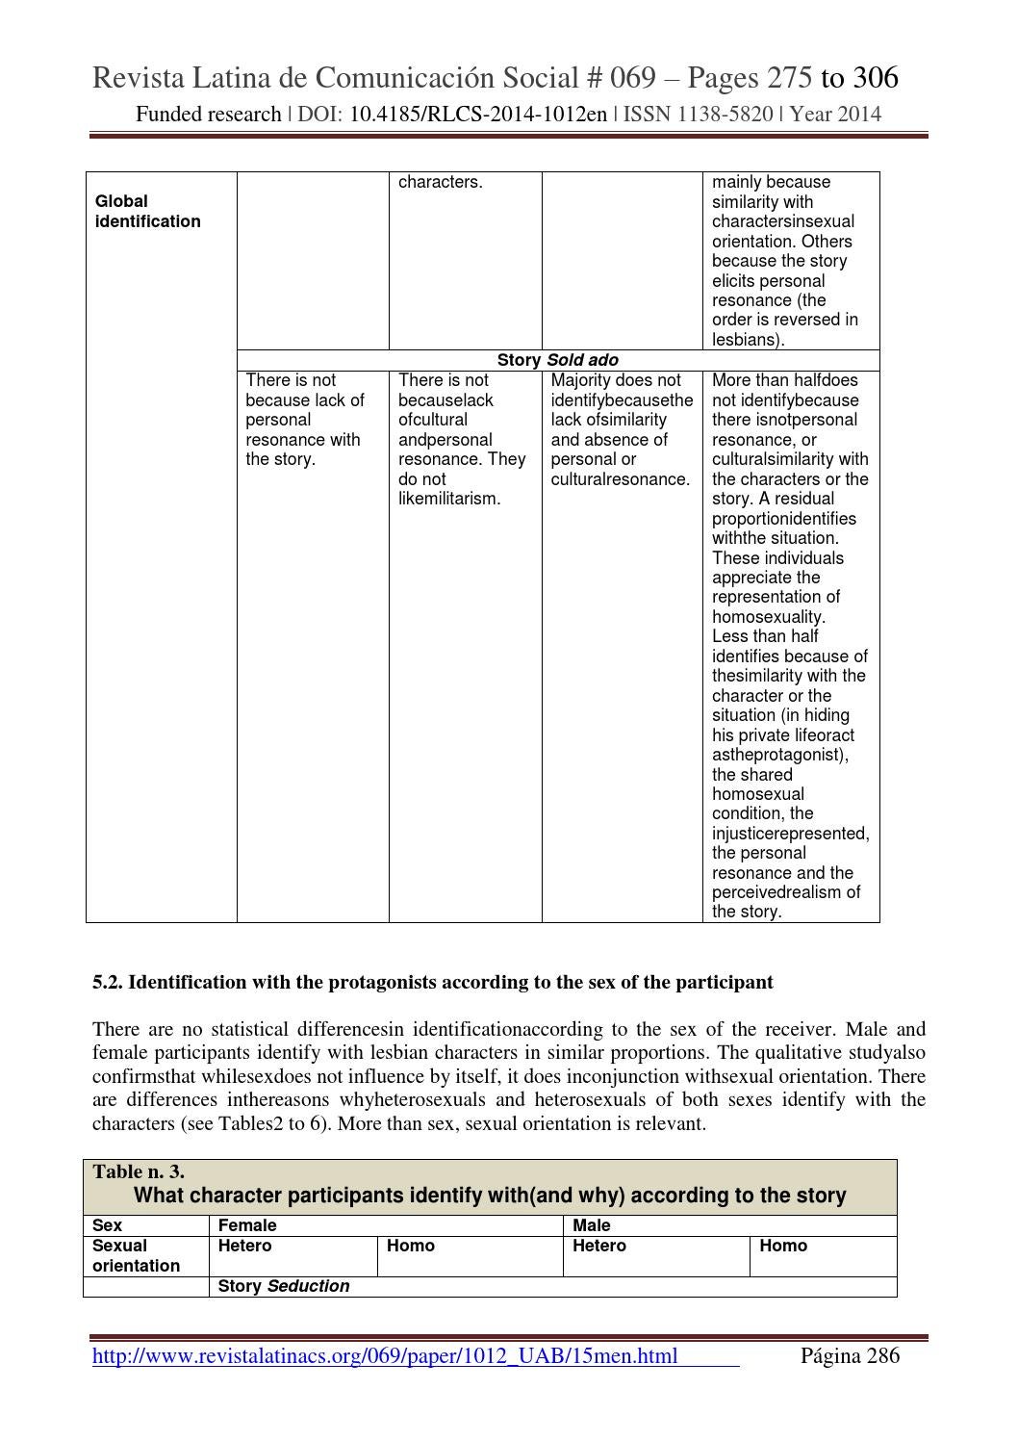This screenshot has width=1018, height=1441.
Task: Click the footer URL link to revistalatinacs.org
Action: [385, 1356]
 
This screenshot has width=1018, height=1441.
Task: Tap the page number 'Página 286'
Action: [850, 1356]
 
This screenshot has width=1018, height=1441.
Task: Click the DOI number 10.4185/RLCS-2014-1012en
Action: [477, 115]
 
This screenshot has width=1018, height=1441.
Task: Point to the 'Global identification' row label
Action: [147, 212]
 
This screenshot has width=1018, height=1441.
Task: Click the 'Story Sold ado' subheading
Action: [557, 360]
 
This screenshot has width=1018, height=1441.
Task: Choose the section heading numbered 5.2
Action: [432, 982]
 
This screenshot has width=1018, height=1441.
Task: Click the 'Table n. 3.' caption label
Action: [139, 1171]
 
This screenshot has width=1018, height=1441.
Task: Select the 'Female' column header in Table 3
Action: [247, 1225]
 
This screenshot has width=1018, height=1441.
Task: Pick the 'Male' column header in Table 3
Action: [591, 1225]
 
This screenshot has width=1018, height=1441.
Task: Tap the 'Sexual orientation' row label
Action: [136, 1255]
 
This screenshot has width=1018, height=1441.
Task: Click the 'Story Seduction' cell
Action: [284, 1286]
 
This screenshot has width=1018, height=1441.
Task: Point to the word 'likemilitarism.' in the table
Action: [449, 499]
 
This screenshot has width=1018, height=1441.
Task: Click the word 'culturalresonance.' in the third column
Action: [621, 479]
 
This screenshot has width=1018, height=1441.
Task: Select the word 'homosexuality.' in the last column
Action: [768, 617]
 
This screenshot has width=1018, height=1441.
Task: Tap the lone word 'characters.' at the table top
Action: [440, 182]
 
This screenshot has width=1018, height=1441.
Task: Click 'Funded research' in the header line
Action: [208, 115]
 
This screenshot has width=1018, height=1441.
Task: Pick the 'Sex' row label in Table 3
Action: [107, 1225]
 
